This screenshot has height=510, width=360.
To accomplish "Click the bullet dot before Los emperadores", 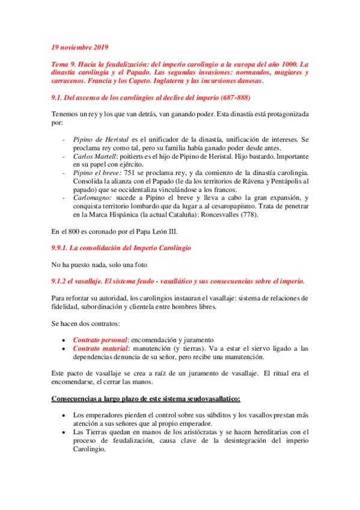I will coord(64,415).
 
